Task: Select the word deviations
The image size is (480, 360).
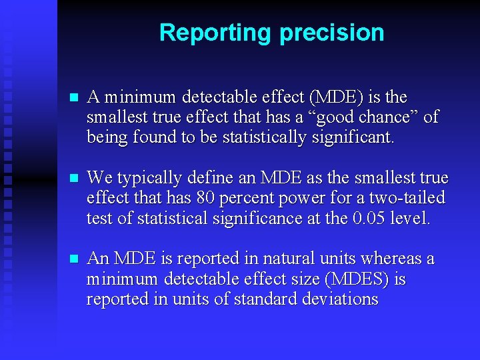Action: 339,299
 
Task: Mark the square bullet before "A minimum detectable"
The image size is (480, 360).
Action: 74,97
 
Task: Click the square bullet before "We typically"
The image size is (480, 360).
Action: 74,179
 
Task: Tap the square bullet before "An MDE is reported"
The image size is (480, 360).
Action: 74,259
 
